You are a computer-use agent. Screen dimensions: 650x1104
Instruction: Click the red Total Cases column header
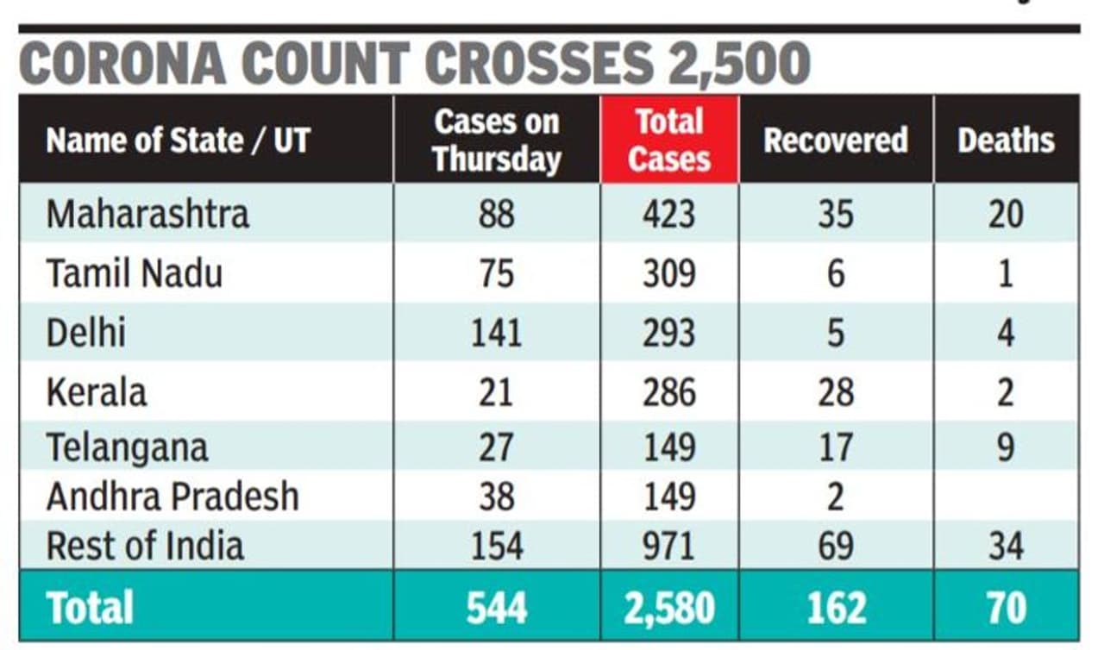click(669, 140)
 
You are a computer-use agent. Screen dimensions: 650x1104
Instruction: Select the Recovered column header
click(835, 141)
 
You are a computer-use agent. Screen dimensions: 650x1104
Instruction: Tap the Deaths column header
click(1006, 141)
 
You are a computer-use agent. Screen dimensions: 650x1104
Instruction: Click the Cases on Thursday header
click(496, 140)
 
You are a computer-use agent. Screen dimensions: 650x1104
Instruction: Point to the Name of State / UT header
click(177, 141)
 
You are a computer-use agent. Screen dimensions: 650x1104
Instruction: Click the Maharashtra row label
click(147, 214)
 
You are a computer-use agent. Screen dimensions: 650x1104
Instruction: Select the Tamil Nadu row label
click(134, 273)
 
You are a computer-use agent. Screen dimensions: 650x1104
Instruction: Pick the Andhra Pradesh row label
click(172, 497)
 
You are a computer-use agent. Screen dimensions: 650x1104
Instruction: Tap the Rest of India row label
click(145, 546)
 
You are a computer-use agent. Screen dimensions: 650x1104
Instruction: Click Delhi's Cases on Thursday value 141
click(496, 333)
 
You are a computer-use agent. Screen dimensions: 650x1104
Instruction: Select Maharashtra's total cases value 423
click(668, 214)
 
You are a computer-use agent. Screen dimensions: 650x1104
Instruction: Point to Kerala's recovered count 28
click(835, 392)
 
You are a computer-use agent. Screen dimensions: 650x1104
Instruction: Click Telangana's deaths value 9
click(1006, 447)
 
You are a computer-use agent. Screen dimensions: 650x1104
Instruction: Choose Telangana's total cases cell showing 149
click(668, 447)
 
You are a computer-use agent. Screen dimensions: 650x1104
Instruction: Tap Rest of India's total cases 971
click(668, 546)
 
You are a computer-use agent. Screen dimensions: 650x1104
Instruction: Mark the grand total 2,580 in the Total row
click(668, 608)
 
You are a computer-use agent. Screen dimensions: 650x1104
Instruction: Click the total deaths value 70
click(1006, 608)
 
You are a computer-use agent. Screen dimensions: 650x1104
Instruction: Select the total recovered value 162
click(835, 608)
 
